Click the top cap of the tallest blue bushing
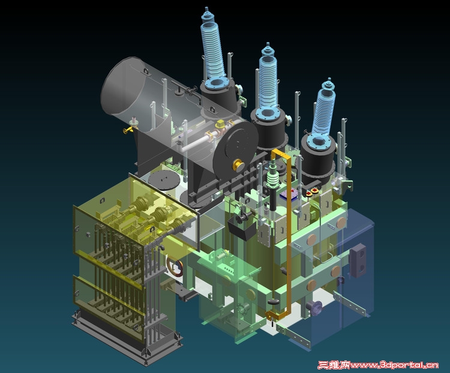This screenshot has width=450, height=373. click(x=206, y=13)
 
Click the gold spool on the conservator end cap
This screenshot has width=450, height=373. click(x=239, y=166)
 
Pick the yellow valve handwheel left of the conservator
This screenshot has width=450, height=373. click(x=127, y=131)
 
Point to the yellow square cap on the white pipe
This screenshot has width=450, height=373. click(x=221, y=124)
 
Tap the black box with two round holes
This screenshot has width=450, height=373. click(x=358, y=260)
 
